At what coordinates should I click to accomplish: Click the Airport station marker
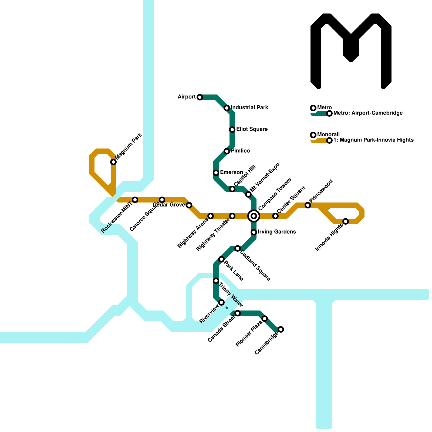[200, 97]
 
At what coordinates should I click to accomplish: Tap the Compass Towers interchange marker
[254, 216]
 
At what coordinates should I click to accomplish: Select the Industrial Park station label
[249, 108]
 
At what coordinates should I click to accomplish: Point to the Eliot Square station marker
[232, 130]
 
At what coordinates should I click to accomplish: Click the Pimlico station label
[240, 151]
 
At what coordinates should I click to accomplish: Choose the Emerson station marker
[216, 173]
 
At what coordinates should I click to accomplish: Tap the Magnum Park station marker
[113, 162]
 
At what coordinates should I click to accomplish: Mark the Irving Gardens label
[277, 232]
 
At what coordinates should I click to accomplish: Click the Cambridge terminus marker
[281, 329]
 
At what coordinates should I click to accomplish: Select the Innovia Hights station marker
[346, 221]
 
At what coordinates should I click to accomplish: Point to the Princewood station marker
[308, 205]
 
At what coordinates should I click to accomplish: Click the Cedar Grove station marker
[189, 205]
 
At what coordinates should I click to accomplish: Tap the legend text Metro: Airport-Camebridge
[368, 113]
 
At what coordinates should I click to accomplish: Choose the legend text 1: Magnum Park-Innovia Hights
[373, 140]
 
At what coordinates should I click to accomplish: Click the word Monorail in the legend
[329, 135]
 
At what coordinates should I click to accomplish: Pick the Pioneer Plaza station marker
[265, 319]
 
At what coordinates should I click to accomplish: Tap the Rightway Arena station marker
[211, 216]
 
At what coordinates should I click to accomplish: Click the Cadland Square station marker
[238, 248]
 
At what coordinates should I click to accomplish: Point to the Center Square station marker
[275, 216]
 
